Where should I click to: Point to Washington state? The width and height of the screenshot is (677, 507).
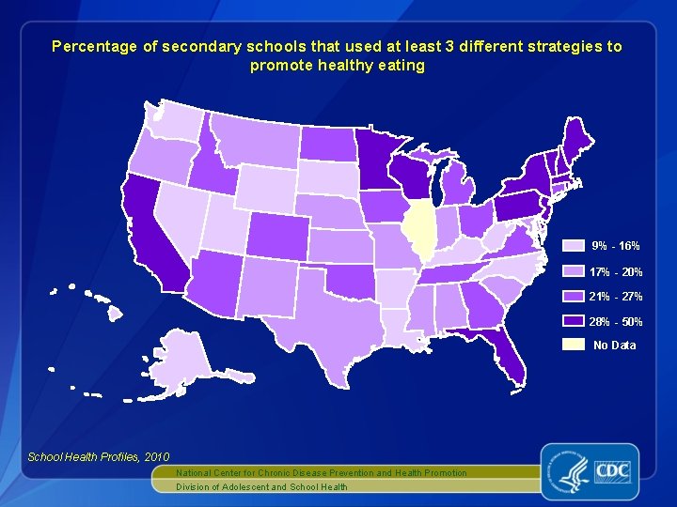175,122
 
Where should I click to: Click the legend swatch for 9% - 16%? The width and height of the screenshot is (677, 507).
574,246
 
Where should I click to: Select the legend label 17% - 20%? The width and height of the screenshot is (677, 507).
616,272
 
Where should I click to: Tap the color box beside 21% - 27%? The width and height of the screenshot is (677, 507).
574,297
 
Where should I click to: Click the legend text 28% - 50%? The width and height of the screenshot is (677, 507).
616,322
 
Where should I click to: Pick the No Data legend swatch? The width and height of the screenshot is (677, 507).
574,345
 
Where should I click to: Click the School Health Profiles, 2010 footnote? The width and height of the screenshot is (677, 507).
86,456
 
